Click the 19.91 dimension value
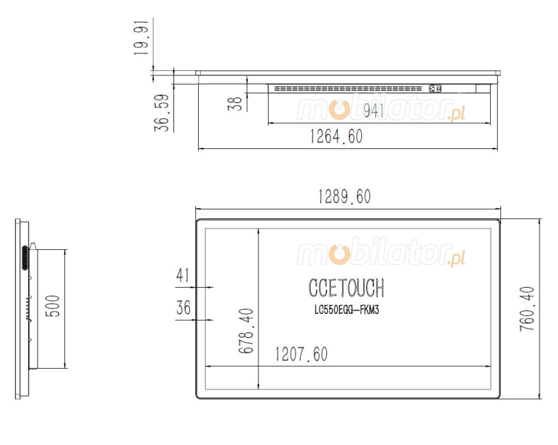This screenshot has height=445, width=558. point(141,38)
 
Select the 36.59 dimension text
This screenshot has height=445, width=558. point(162,113)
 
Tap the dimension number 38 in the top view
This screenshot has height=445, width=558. point(235,104)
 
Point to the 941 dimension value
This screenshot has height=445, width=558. point(374,111)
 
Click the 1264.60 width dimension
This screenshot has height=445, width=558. point(337,137)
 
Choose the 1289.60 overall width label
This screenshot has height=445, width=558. point(344,196)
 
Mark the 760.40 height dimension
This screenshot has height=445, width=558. point(527,309)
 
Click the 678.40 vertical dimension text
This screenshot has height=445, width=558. point(246,331)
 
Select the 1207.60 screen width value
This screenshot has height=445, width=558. point(301,354)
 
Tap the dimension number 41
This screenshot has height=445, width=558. point(183,275)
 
